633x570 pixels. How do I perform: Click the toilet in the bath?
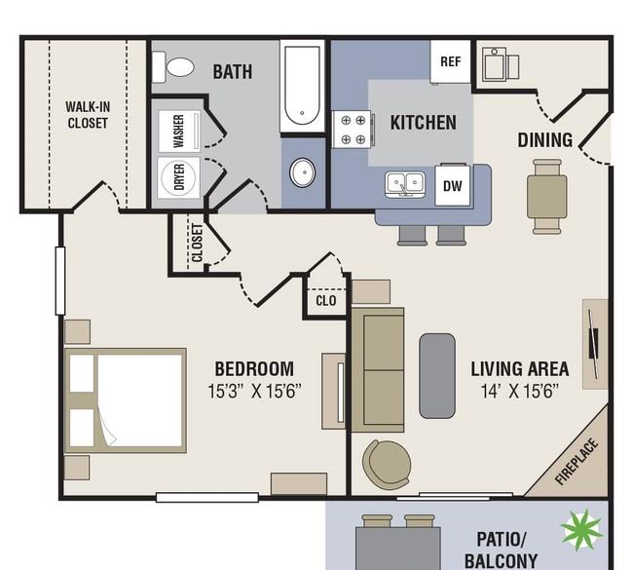172,66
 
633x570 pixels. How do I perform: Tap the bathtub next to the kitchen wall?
302,86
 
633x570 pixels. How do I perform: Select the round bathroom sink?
302,172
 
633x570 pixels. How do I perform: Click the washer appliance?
179,131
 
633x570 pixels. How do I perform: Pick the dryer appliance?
179,177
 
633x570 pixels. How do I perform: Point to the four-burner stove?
353,130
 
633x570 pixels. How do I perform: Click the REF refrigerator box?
451,61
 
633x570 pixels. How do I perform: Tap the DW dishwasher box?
453,185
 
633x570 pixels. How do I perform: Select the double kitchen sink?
405,184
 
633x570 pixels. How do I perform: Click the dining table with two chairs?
547,197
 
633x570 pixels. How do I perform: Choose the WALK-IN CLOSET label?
88,115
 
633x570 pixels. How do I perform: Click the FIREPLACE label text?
576,461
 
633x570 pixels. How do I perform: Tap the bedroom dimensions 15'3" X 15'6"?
255,391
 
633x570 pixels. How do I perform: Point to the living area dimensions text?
520,391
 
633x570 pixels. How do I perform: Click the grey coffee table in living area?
437,376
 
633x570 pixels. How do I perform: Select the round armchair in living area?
387,464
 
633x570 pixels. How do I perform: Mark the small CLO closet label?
326,300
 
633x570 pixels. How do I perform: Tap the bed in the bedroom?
126,400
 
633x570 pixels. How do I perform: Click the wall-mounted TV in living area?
593,343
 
